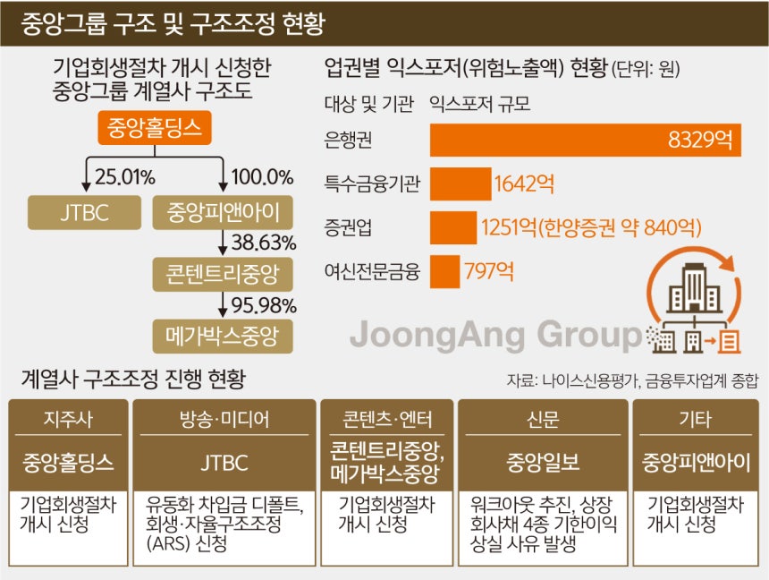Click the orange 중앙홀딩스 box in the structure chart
[155, 128]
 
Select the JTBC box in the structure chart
[84, 213]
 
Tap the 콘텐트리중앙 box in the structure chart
[223, 274]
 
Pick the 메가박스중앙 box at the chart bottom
[223, 337]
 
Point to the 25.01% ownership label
[125, 177]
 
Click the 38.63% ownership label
[264, 243]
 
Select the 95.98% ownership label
[264, 305]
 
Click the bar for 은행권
[586, 141]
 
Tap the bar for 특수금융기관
[461, 183]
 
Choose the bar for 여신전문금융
[444, 271]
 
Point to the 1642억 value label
[524, 184]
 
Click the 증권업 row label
[348, 227]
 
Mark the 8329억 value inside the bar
[700, 140]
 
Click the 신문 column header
[543, 420]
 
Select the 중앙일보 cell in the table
[543, 463]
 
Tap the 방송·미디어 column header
[224, 420]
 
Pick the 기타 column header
[696, 420]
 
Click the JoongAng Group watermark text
[496, 336]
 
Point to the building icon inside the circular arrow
[694, 288]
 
